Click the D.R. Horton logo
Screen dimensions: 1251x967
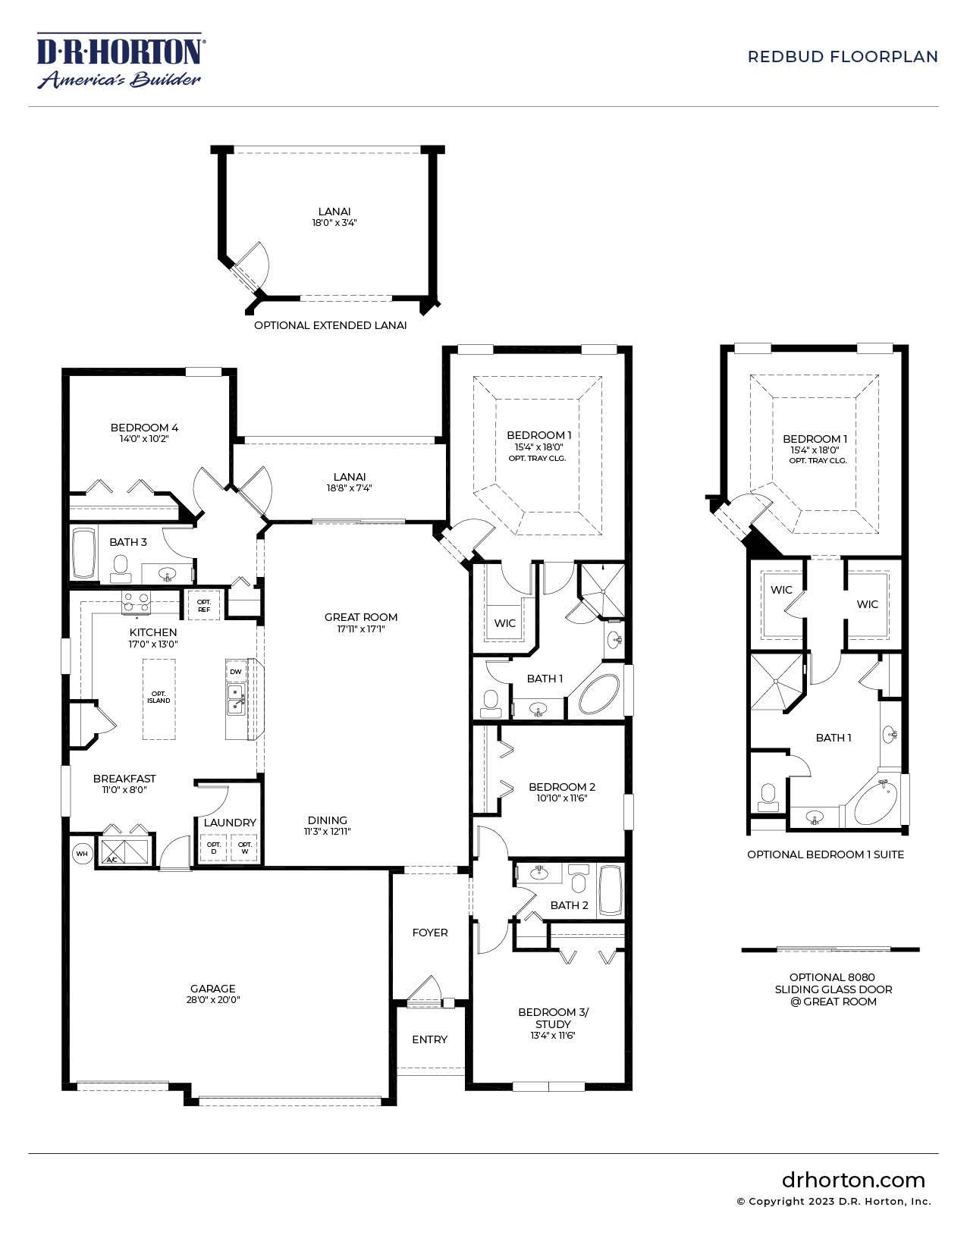119,60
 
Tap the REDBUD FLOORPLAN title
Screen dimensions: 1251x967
842,57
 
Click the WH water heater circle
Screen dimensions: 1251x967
82,854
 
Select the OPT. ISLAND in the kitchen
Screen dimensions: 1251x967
159,698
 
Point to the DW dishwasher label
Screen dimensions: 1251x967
236,672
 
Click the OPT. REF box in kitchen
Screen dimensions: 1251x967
204,605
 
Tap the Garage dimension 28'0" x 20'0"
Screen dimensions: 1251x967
212,1000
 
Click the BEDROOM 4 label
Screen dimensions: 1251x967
144,428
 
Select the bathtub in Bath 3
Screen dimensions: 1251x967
83,554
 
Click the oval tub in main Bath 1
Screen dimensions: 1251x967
596,692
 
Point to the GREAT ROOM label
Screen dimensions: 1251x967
361,617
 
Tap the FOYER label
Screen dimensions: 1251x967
430,933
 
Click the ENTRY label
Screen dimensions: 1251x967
430,1039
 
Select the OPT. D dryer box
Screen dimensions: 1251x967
214,848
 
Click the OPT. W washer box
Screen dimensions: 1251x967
245,848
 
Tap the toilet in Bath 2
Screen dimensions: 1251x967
579,882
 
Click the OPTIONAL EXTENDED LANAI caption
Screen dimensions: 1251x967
330,325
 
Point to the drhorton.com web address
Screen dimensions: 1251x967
853,1180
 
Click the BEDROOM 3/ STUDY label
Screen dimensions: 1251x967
553,1018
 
